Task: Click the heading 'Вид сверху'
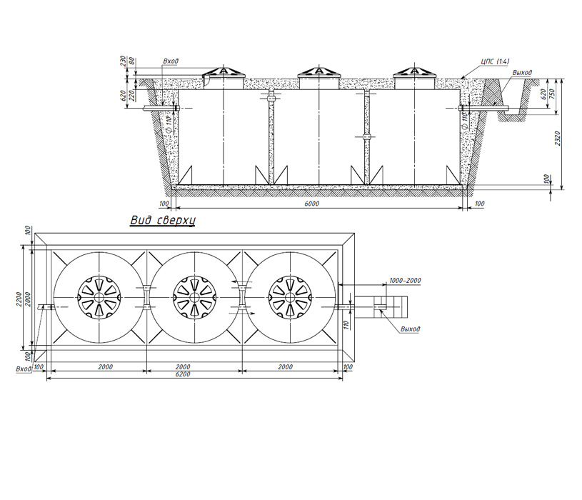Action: pos(163,221)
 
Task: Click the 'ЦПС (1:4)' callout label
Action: pos(495,61)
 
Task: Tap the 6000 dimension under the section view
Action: pos(312,204)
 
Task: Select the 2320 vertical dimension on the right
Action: pos(558,138)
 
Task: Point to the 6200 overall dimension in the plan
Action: pos(183,374)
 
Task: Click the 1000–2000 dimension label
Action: pos(405,280)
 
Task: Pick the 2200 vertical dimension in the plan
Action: pos(19,299)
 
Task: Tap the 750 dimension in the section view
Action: pos(553,95)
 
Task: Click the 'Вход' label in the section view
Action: pos(171,61)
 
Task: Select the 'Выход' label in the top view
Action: pos(410,329)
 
